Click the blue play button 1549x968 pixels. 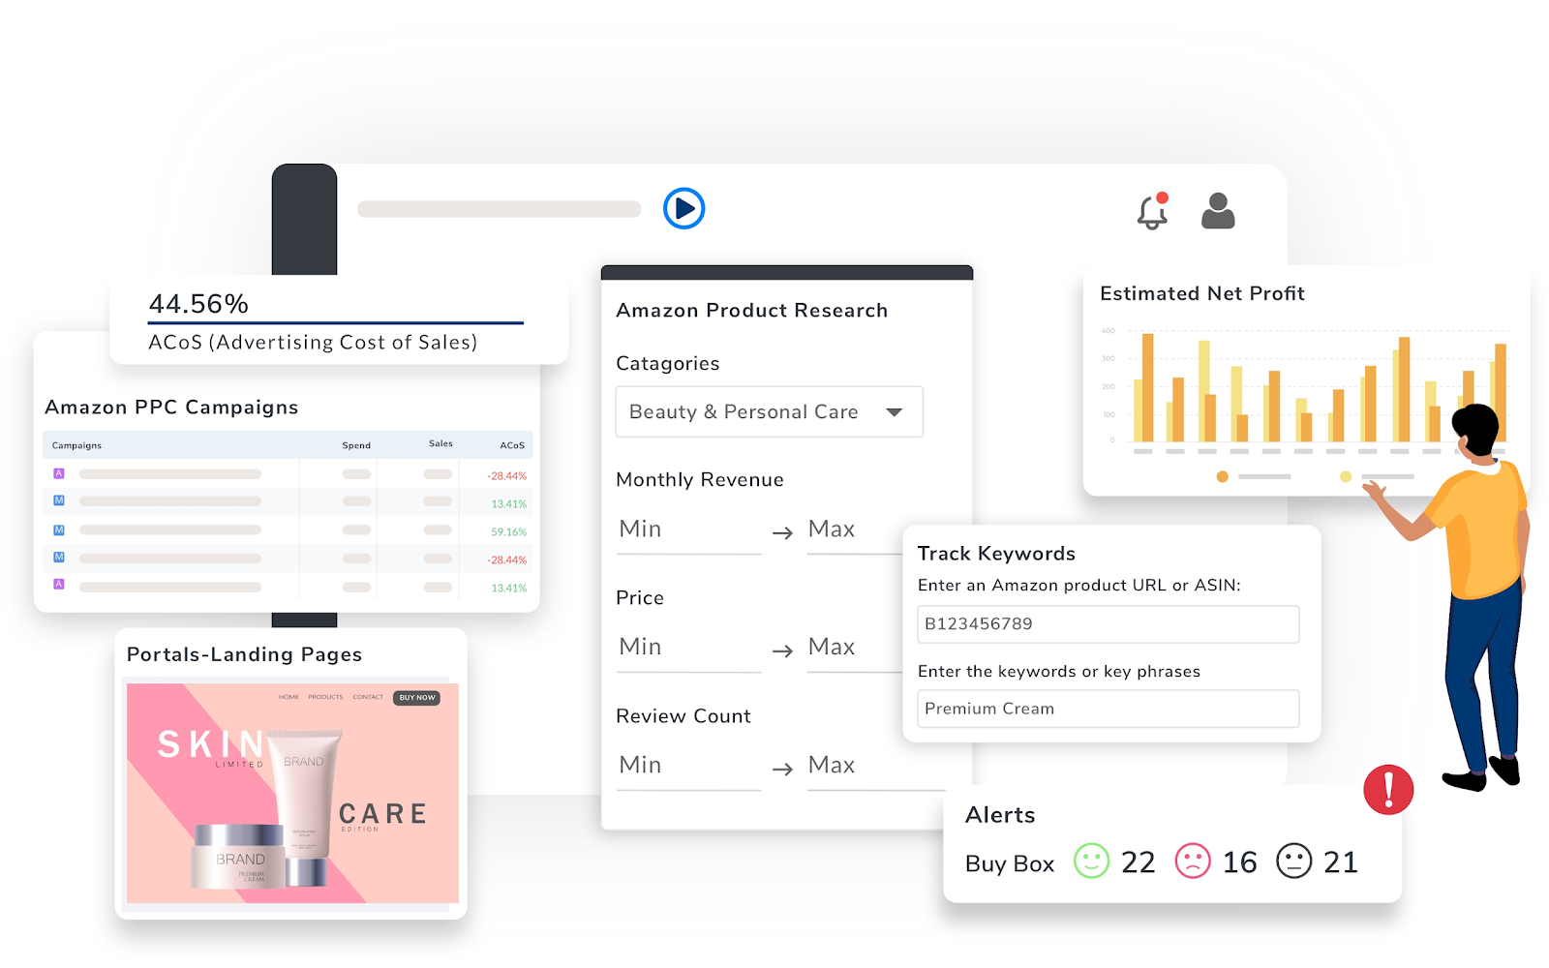[683, 208]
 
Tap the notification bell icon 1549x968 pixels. [1151, 212]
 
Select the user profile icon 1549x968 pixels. [1218, 211]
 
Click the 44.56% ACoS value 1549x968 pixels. [198, 304]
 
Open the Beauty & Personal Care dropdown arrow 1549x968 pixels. [894, 412]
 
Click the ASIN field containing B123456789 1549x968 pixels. [1108, 624]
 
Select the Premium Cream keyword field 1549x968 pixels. [1108, 709]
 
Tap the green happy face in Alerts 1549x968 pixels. [1091, 861]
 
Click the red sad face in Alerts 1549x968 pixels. [1193, 861]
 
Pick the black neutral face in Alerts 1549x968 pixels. [1293, 861]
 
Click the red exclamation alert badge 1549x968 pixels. [1388, 789]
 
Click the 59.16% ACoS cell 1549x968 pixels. [508, 532]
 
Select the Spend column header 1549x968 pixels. [356, 445]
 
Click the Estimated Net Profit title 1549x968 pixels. [1201, 293]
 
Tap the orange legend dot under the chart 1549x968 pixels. [1222, 476]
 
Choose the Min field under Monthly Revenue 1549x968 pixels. [687, 529]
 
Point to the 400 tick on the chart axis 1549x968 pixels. [1108, 331]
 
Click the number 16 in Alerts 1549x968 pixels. [1239, 862]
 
